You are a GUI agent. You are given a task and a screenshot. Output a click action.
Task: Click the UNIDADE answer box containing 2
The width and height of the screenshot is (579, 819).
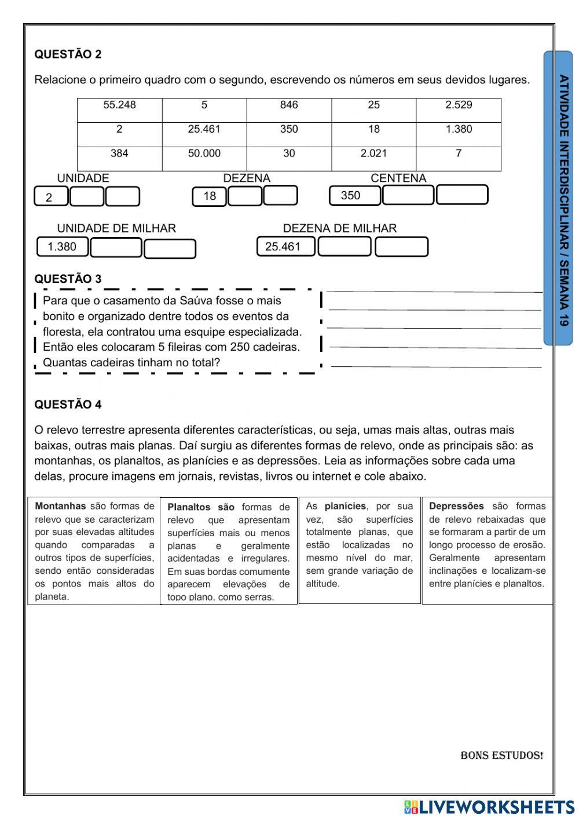[51, 197]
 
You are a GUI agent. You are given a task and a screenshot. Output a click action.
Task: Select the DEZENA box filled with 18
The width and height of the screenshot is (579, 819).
[210, 196]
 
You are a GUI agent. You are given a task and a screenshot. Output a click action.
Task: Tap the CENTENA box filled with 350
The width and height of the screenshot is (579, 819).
[354, 196]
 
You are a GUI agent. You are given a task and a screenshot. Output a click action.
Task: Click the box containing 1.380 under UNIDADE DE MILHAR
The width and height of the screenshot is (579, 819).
[63, 247]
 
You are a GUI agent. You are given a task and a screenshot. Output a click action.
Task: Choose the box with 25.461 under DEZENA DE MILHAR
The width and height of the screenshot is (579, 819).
[285, 247]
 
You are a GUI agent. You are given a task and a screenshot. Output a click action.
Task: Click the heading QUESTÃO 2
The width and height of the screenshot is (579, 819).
[68, 54]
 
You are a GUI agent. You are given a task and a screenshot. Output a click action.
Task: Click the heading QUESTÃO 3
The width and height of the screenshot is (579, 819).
[68, 279]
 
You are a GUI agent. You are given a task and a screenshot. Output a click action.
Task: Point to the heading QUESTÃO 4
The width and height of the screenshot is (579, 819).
[68, 405]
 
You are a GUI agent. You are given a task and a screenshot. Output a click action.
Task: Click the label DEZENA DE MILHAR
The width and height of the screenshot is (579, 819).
[340, 228]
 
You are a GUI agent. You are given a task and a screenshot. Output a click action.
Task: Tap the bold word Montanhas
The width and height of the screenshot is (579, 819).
[60, 506]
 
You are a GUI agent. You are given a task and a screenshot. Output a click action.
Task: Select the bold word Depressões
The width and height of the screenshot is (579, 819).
[456, 506]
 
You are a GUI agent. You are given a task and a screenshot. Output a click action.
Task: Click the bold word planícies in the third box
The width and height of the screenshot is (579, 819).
[345, 506]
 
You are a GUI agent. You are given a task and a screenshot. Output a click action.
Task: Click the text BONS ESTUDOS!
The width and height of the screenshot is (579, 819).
[501, 755]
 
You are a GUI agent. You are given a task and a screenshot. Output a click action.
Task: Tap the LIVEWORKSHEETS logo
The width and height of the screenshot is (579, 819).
[489, 807]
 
